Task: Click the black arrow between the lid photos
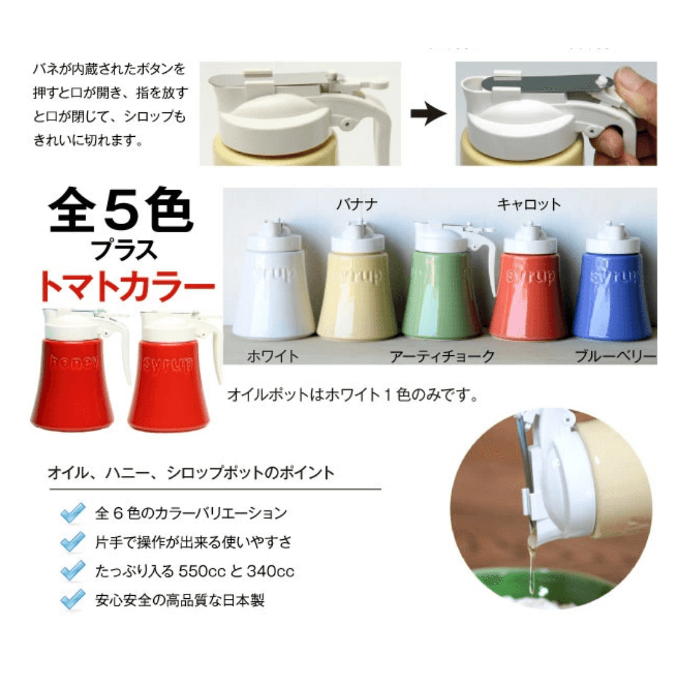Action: click(429, 114)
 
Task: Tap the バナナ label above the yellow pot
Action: click(357, 203)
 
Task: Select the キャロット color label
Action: click(529, 203)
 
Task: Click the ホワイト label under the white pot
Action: click(273, 357)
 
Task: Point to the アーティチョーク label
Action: click(443, 357)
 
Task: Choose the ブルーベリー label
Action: click(615, 357)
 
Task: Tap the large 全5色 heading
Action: click(121, 210)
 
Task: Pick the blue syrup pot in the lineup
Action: click(612, 281)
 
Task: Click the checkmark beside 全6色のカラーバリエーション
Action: click(73, 514)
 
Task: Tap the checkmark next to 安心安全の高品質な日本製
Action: click(73, 600)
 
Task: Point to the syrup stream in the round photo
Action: click(531, 558)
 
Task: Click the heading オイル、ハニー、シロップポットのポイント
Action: click(191, 473)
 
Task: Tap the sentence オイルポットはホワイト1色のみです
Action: click(352, 394)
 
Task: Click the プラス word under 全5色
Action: click(124, 250)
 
